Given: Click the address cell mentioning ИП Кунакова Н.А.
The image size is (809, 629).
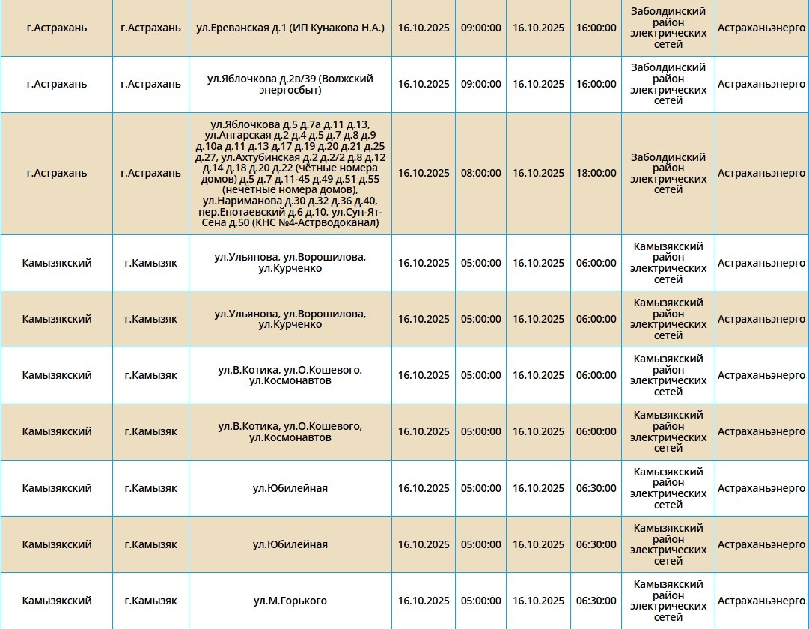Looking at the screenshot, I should [290, 28].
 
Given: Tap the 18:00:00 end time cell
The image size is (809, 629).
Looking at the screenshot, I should [596, 173].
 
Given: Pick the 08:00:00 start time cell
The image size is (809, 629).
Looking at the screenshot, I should [480, 173].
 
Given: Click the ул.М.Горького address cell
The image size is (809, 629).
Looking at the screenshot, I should [290, 601].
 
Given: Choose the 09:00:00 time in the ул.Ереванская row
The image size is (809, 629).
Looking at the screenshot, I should [480, 28].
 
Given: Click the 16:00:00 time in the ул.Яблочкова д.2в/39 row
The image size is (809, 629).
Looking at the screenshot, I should [596, 84].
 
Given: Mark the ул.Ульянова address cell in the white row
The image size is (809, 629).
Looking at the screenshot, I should [290, 263].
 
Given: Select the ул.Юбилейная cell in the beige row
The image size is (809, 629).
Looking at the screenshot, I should [290, 544].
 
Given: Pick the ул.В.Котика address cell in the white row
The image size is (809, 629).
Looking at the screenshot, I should [290, 375].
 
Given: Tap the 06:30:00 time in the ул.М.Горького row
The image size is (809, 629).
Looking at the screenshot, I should [596, 601].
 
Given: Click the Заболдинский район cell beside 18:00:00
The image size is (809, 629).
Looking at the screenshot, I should [668, 173].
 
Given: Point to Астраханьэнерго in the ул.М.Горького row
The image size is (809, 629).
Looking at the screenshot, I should [761, 601].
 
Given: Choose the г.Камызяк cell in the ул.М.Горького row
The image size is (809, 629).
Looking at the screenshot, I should [150, 601].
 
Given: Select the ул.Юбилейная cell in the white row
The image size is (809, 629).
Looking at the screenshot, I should [290, 488].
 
